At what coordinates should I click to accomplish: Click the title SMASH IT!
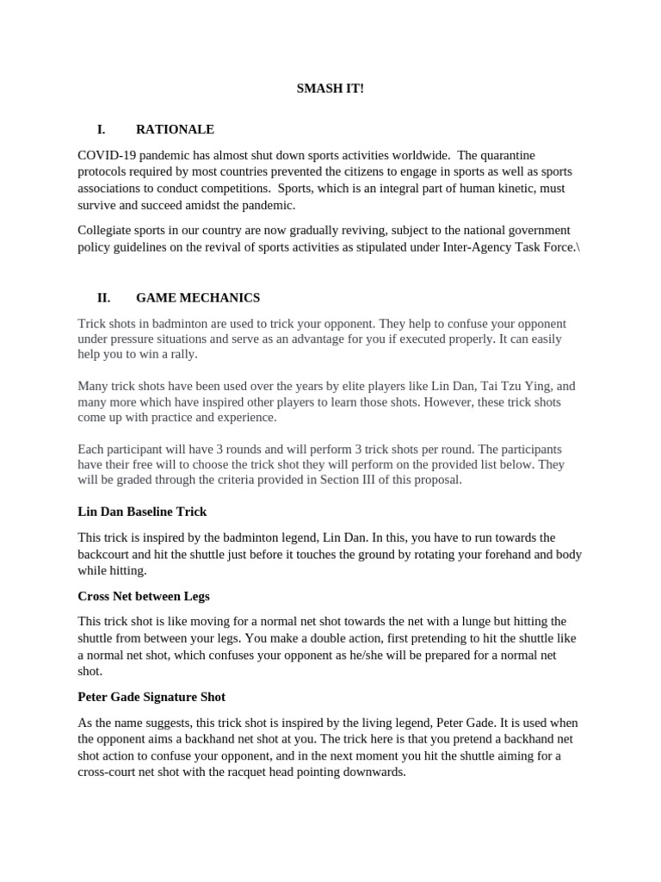coord(330,89)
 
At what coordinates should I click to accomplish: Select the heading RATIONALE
coord(175,129)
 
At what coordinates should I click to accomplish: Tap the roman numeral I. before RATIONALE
coord(102,129)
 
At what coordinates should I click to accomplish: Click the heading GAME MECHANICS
coord(198,297)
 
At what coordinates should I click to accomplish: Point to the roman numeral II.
coord(103,297)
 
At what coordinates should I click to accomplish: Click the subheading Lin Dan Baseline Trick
coord(142,512)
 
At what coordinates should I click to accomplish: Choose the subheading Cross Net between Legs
coord(143,596)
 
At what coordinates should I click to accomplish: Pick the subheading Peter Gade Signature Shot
coord(151,696)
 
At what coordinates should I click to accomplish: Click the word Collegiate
coord(107,230)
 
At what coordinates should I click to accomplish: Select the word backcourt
coord(106,554)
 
